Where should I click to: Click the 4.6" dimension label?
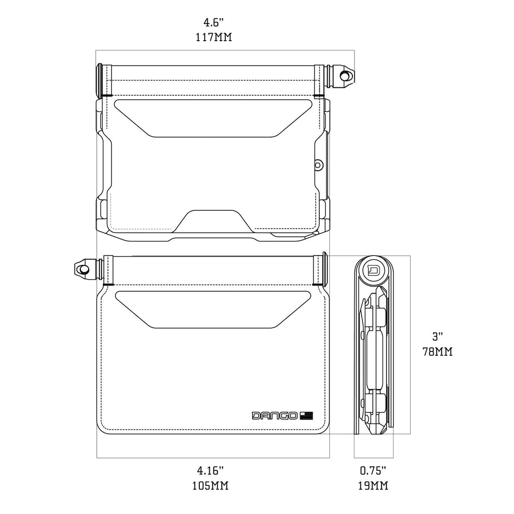pos(214,23)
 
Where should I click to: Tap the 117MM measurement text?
pos(214,37)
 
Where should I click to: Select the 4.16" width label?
pos(210,470)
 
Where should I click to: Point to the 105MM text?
pos(210,485)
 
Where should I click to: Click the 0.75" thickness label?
pos(373,470)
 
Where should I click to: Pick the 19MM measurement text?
pos(373,485)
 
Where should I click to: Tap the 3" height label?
pos(438,337)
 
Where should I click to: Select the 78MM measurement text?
pos(438,352)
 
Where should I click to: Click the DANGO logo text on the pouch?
pos(275,416)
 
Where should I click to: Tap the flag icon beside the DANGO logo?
pos(306,416)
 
